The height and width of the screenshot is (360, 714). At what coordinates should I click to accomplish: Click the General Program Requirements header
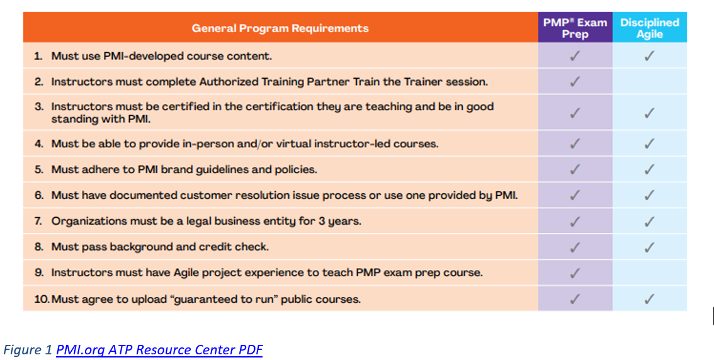[x=280, y=28]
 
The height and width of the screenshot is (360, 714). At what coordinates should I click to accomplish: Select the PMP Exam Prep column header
[x=575, y=28]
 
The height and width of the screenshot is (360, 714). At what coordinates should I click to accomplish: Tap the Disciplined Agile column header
[x=649, y=28]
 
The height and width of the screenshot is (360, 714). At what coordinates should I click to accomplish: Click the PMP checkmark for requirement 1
[x=575, y=56]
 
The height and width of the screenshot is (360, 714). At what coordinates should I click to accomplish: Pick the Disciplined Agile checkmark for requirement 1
[x=649, y=56]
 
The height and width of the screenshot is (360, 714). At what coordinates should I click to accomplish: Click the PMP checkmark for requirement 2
[x=575, y=82]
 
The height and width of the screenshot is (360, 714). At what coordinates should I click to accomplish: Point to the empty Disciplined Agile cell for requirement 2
[x=649, y=82]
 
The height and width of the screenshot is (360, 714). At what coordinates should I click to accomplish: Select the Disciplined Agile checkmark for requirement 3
[x=649, y=113]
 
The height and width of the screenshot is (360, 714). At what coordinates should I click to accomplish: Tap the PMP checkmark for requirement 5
[x=575, y=170]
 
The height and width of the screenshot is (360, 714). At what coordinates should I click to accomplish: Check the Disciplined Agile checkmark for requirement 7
[x=649, y=222]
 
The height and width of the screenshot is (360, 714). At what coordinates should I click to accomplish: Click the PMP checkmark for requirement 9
[x=575, y=273]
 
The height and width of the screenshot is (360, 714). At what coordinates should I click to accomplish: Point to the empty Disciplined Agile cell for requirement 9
[x=649, y=273]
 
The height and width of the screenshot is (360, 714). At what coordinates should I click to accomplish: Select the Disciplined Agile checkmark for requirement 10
[x=649, y=299]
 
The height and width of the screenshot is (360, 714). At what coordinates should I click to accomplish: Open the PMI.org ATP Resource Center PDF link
[x=159, y=350]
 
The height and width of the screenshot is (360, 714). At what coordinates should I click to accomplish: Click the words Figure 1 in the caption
[x=28, y=350]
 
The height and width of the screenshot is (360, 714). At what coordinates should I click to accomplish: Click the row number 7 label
[x=38, y=222]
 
